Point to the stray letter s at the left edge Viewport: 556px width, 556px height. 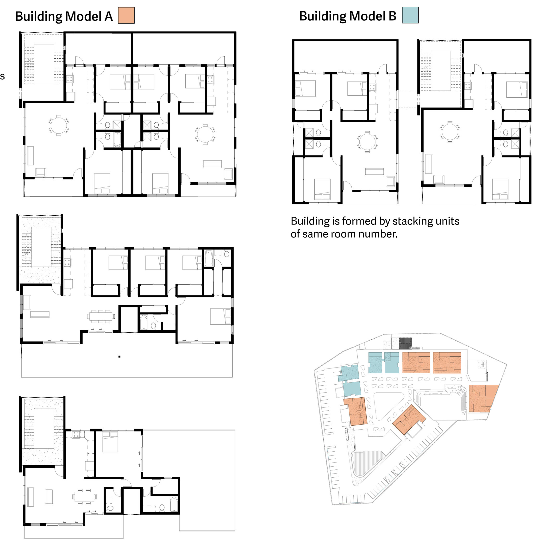tap(2, 76)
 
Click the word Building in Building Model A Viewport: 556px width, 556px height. tap(39, 16)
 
